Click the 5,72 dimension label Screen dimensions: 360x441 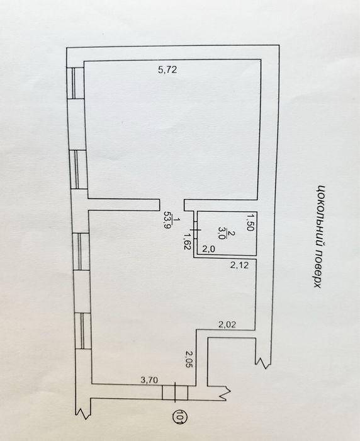click(x=167, y=69)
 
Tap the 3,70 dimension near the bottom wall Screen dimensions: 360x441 click(x=149, y=381)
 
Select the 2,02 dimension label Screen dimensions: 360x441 click(x=227, y=325)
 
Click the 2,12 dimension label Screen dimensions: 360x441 click(x=239, y=265)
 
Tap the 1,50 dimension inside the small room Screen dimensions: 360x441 click(x=250, y=222)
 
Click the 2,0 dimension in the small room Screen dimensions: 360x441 click(x=209, y=249)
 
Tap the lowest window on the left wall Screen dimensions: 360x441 click(x=82, y=331)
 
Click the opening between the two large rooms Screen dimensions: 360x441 click(x=172, y=205)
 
